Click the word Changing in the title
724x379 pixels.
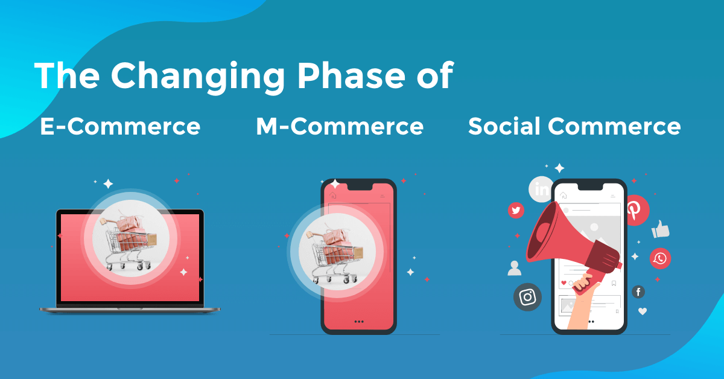pos(197,77)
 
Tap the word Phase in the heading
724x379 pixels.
pos(351,75)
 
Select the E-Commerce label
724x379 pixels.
pos(120,126)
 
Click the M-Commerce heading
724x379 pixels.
pos(340,126)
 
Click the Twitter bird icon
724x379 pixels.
pos(516,211)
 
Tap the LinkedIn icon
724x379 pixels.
pos(541,189)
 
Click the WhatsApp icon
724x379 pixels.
pos(660,258)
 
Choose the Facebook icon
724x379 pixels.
pos(638,292)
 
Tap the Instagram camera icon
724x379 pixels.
pos(527,297)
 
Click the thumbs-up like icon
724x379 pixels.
pos(660,229)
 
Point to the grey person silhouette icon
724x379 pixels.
pos(514,268)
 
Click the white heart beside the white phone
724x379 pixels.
pos(643,311)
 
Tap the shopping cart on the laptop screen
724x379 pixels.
pos(129,239)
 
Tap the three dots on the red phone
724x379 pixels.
pos(359,322)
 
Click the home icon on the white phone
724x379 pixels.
pos(564,195)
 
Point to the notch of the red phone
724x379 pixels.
pos(360,186)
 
